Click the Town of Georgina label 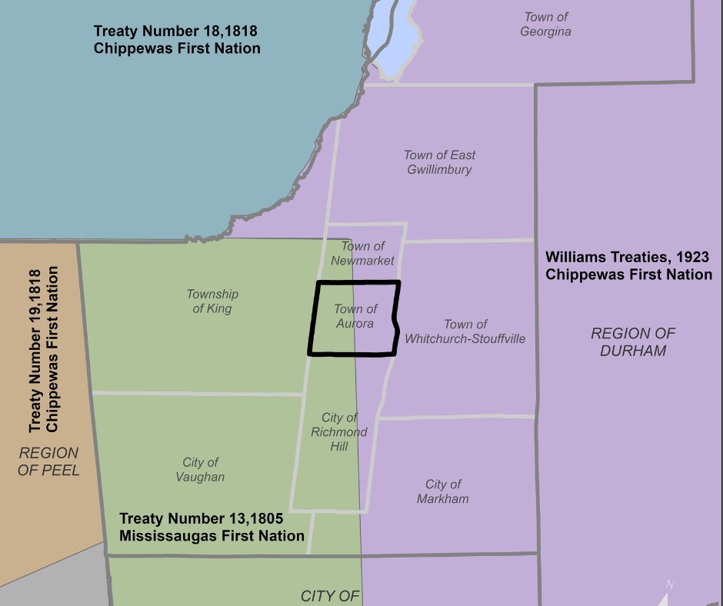click(545, 24)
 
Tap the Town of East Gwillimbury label click(439, 162)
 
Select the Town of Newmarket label click(363, 253)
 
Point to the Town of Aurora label click(355, 316)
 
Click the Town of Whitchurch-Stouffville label click(465, 331)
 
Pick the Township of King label click(212, 301)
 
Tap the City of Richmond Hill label click(339, 431)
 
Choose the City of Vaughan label click(201, 469)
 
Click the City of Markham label click(443, 491)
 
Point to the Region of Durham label click(633, 342)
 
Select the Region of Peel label click(49, 461)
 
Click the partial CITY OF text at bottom click(330, 596)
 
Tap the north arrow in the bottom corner click(666, 594)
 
